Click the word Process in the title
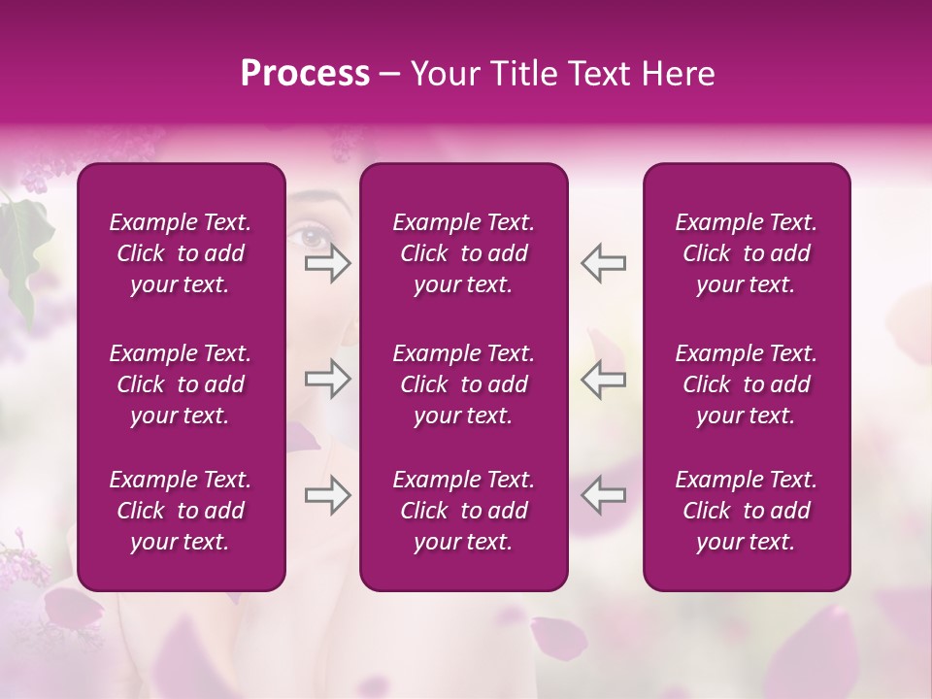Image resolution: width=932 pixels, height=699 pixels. (305, 74)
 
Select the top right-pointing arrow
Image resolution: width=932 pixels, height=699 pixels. (327, 263)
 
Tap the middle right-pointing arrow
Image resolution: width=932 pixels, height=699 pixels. (327, 379)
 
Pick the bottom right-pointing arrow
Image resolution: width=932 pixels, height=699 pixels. (327, 495)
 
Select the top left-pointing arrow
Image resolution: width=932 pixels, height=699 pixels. (603, 263)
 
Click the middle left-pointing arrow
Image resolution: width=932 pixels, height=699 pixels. (603, 379)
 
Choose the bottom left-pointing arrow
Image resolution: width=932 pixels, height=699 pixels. (603, 495)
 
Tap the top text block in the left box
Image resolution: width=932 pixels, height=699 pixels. (181, 253)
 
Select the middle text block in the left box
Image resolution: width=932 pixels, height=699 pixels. (181, 384)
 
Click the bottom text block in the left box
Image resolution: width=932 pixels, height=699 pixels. (181, 511)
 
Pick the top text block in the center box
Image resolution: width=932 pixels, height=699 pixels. (463, 253)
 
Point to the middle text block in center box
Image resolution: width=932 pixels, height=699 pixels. (463, 384)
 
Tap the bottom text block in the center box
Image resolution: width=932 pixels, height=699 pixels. (463, 511)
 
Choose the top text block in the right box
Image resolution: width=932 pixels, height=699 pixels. (746, 253)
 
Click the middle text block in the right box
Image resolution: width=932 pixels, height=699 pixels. (746, 384)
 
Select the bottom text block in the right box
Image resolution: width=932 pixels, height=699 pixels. (746, 511)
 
